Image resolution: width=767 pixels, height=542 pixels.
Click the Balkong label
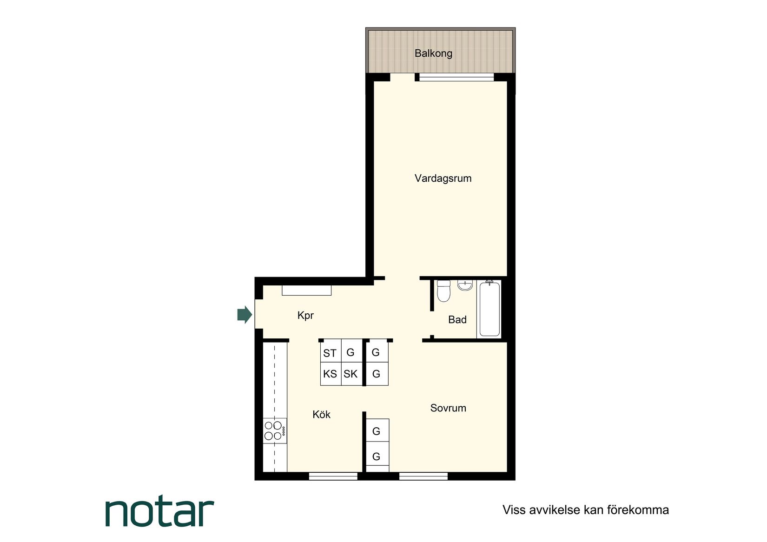click(x=433, y=53)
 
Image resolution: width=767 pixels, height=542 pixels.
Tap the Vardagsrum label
click(x=443, y=178)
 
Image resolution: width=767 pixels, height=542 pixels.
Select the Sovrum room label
click(x=448, y=408)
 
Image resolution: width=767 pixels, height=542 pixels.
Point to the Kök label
click(x=321, y=415)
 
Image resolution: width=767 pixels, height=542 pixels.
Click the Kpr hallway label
click(x=305, y=316)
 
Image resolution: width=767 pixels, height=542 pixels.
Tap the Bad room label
click(x=457, y=320)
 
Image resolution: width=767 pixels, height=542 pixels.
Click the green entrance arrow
click(x=245, y=315)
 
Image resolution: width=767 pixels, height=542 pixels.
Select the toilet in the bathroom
click(x=443, y=291)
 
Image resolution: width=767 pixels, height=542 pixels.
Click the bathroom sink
click(x=465, y=285)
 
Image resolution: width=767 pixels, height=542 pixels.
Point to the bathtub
click(x=489, y=309)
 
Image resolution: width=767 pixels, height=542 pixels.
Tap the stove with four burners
click(x=274, y=430)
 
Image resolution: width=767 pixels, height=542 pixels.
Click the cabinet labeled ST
click(x=330, y=353)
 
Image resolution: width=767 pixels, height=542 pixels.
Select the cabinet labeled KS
click(x=330, y=374)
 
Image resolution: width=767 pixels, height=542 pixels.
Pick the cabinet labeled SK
click(x=350, y=374)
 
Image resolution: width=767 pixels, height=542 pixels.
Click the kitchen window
click(x=333, y=476)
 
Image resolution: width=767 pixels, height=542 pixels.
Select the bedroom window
click(x=423, y=476)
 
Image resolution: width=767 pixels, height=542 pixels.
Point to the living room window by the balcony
click(x=456, y=77)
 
